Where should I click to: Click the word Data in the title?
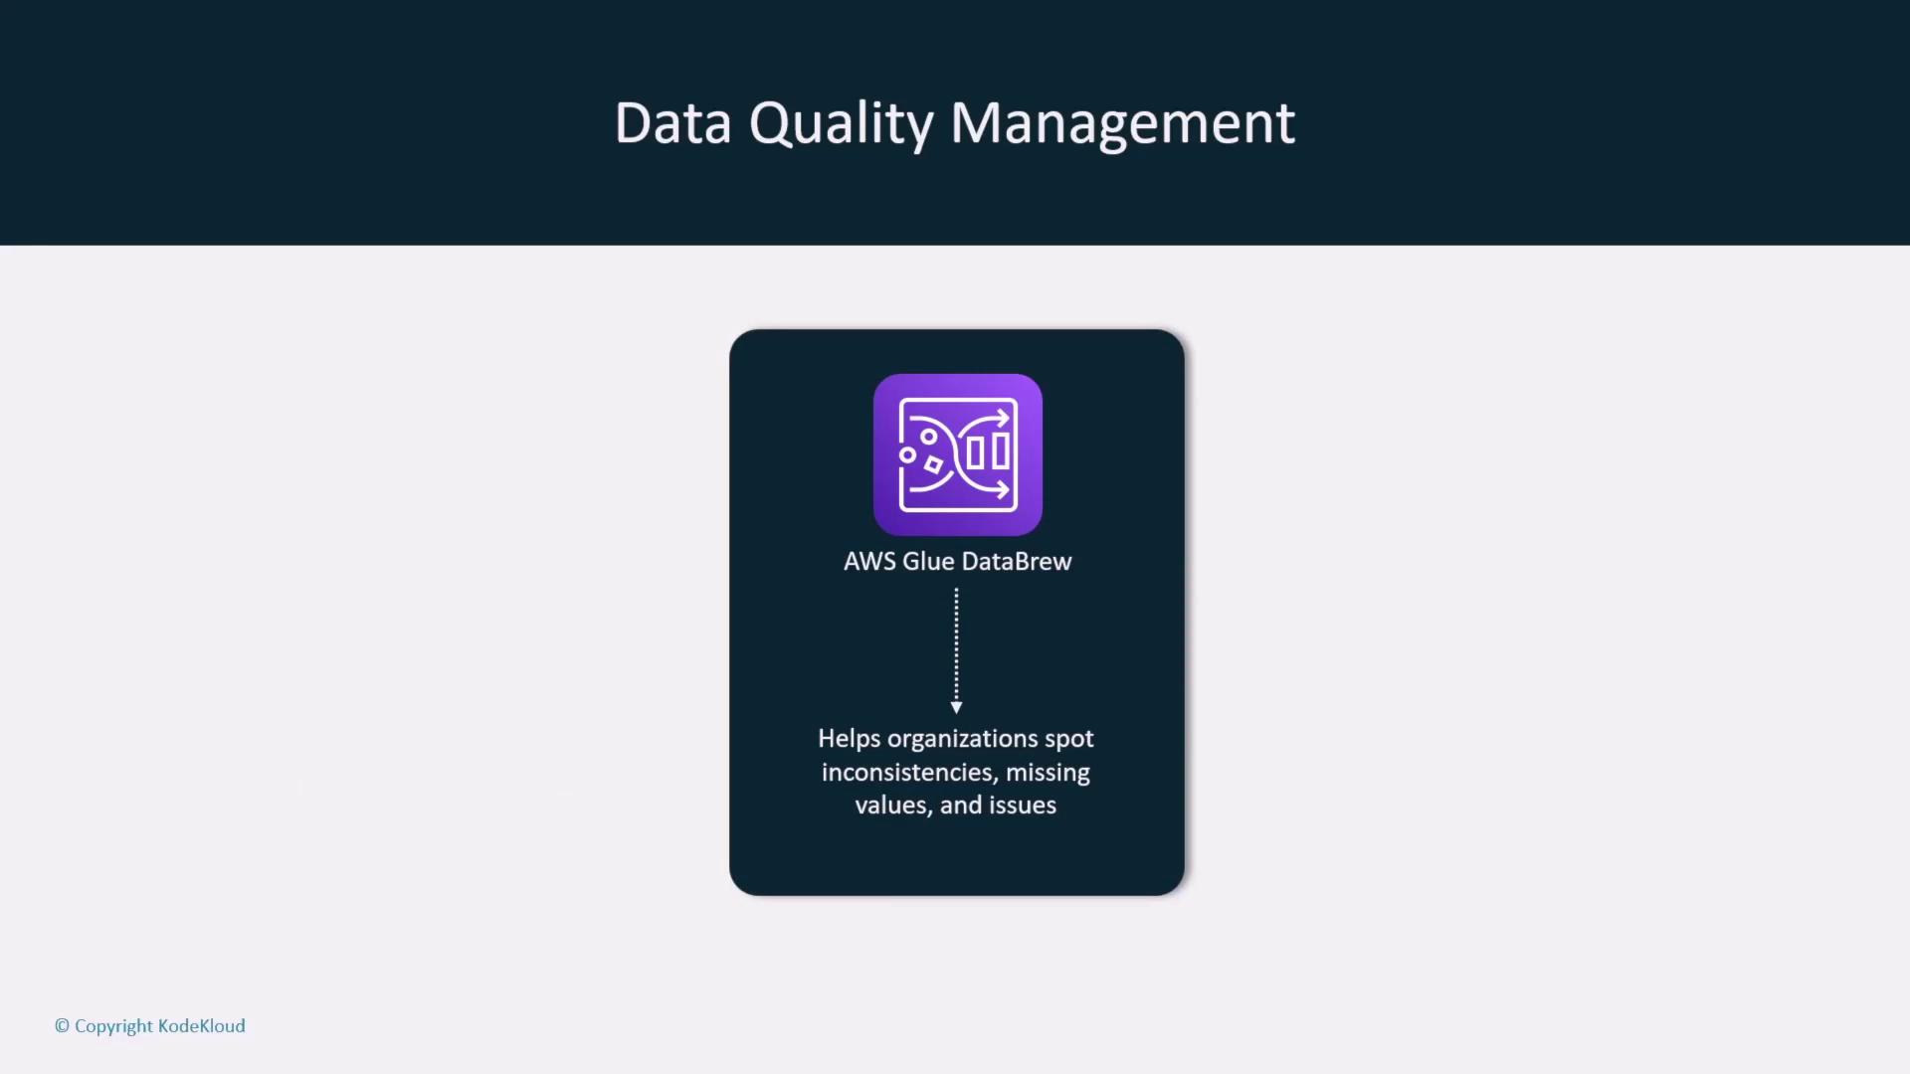pyautogui.click(x=673, y=123)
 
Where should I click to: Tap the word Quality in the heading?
pyautogui.click(x=841, y=125)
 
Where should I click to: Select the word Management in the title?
pyautogui.click(x=1123, y=125)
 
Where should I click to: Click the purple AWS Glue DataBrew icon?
pyautogui.click(x=958, y=454)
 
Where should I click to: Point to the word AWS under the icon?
pyautogui.click(x=869, y=562)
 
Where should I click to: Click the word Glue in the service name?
pyautogui.click(x=928, y=562)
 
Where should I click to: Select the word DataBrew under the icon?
pyautogui.click(x=1017, y=562)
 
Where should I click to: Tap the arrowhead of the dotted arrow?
pyautogui.click(x=956, y=707)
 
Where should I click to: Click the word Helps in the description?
pyautogui.click(x=849, y=739)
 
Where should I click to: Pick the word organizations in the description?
pyautogui.click(x=963, y=740)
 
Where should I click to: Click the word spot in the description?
pyautogui.click(x=1069, y=740)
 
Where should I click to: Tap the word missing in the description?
pyautogui.click(x=1048, y=774)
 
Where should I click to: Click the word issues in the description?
pyautogui.click(x=1023, y=805)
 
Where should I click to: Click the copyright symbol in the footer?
pyautogui.click(x=62, y=1025)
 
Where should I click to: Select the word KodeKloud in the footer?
pyautogui.click(x=202, y=1025)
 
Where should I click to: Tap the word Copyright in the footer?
pyautogui.click(x=113, y=1026)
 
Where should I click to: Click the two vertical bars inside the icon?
pyautogui.click(x=988, y=451)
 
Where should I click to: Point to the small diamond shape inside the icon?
pyautogui.click(x=933, y=464)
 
